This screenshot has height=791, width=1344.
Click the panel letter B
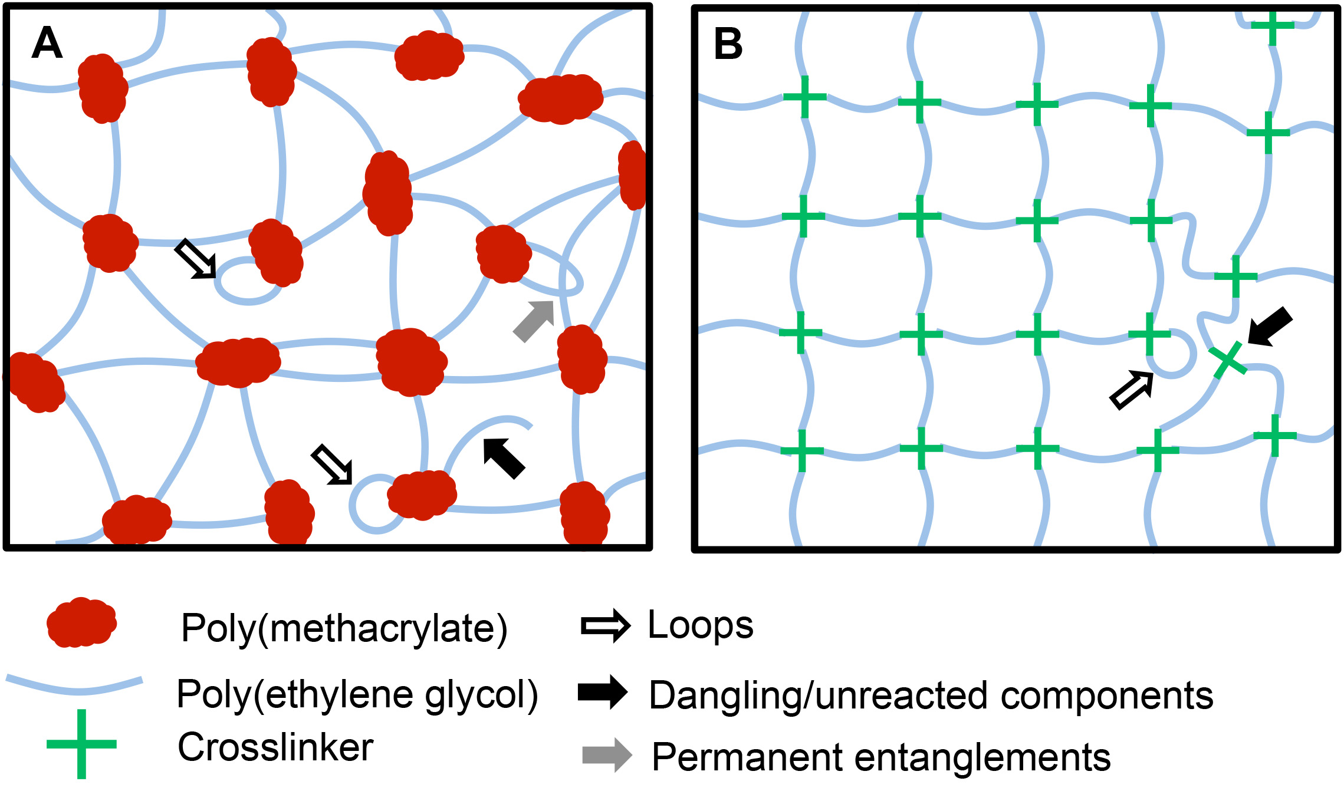[728, 44]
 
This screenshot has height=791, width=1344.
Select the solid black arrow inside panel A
[503, 458]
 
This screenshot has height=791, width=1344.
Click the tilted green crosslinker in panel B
[1228, 360]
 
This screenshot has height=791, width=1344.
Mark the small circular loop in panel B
[1174, 355]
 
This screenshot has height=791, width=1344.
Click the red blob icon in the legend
[81, 622]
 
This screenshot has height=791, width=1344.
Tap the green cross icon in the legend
[81, 744]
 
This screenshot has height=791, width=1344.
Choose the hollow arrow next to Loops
[606, 625]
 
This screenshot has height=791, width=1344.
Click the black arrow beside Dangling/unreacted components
[603, 692]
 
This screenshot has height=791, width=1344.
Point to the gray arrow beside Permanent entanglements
[607, 754]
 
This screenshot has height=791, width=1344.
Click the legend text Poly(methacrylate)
[344, 628]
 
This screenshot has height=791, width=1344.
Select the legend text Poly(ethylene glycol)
[357, 694]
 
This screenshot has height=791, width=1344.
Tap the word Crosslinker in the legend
[275, 747]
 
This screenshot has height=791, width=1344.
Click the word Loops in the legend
[701, 625]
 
